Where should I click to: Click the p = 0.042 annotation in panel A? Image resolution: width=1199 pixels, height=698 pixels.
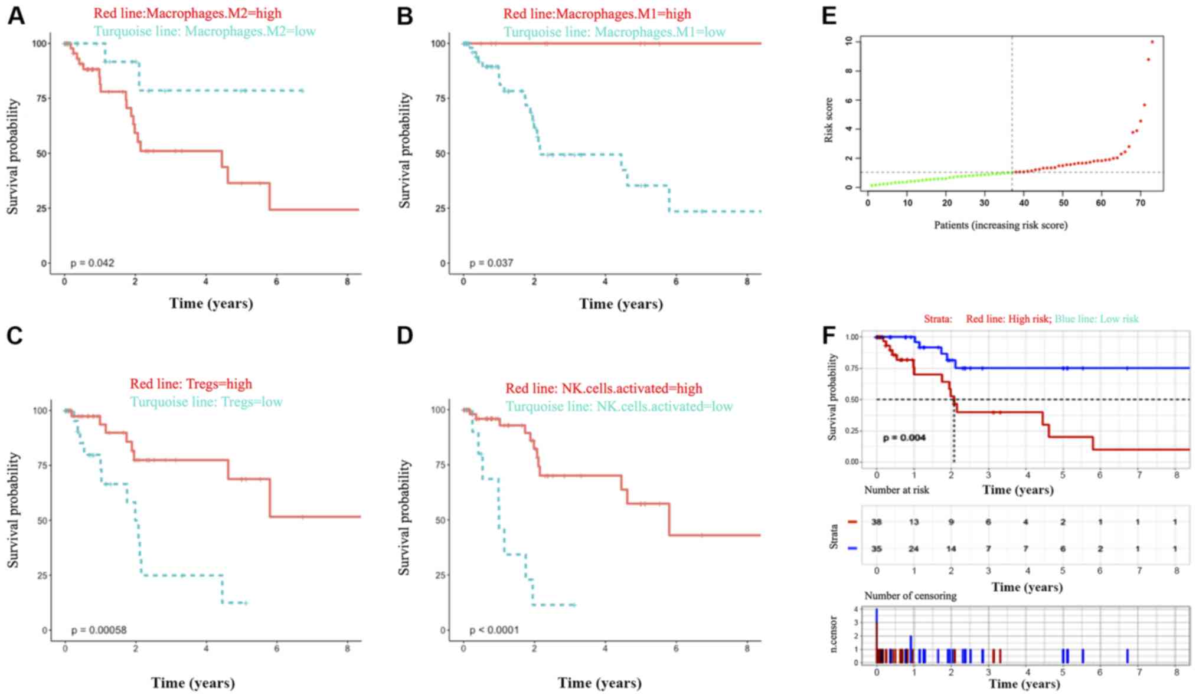[x=92, y=263]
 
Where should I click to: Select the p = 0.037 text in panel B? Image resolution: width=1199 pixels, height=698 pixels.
[x=491, y=263]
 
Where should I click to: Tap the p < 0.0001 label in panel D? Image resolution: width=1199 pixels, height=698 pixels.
[x=494, y=630]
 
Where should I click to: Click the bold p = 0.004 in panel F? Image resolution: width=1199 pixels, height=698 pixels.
[x=904, y=438]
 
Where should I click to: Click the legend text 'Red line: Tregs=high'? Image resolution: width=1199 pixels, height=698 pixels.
[x=191, y=384]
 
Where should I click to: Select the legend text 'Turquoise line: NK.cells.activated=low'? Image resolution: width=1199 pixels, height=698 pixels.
[x=619, y=407]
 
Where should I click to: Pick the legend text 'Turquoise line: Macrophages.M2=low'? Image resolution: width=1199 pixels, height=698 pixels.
[x=204, y=31]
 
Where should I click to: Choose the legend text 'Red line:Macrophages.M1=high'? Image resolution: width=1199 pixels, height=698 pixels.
[x=597, y=14]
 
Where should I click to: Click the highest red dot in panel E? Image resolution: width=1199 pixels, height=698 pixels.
[x=1152, y=42]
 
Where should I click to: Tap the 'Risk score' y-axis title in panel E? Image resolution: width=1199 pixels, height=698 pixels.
[x=829, y=120]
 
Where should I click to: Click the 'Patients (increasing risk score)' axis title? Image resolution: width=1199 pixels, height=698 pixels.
[x=1001, y=225]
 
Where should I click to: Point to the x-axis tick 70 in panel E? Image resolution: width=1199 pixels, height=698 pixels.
[x=1140, y=203]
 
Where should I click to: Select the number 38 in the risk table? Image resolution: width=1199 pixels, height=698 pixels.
[x=877, y=522]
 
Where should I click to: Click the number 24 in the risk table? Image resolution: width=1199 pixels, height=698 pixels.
[x=913, y=549]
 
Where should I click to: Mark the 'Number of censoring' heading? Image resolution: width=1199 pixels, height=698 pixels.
[x=910, y=596]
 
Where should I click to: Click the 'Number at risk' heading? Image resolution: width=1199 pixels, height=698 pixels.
[x=896, y=490]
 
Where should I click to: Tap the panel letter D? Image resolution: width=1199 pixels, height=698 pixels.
[x=405, y=336]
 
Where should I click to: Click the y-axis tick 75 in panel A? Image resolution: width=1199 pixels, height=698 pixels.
[x=41, y=99]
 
